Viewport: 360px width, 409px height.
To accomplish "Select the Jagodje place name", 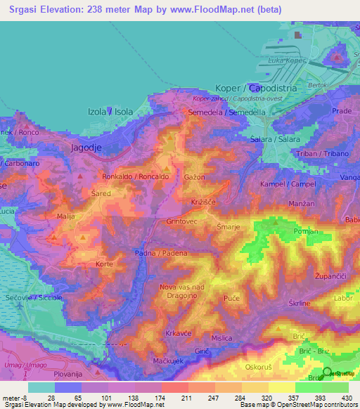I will point(87,148).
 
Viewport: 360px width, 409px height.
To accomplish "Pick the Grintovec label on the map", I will point(183,221).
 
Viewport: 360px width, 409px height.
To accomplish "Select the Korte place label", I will point(104,264).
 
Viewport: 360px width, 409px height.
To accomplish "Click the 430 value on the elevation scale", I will point(345,397).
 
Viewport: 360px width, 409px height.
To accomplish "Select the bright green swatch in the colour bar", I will point(308,387).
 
